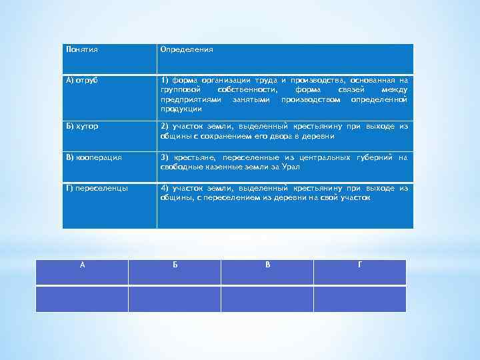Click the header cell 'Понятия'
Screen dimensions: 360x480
(x=82, y=49)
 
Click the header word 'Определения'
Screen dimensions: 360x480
(x=187, y=49)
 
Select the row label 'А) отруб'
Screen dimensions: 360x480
(x=82, y=80)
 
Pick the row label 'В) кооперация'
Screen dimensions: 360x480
(x=94, y=157)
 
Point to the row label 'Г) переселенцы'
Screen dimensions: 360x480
(x=97, y=189)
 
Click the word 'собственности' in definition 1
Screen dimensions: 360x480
(x=248, y=89)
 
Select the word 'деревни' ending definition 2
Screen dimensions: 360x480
(x=320, y=135)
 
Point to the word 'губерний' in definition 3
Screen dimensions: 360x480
(x=375, y=157)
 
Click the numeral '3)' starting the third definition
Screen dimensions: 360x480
(x=165, y=157)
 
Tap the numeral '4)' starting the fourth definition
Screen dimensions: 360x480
(x=165, y=189)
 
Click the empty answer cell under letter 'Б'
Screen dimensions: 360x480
(x=175, y=299)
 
